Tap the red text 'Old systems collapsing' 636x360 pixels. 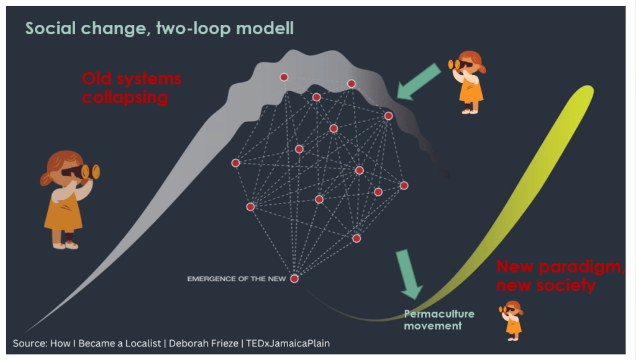click(132, 88)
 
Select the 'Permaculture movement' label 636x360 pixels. click(439, 320)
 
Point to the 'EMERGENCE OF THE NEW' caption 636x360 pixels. click(237, 279)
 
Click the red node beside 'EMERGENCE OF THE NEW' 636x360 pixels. click(294, 279)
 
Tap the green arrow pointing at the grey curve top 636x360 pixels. click(417, 82)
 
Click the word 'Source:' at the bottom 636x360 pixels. click(30, 343)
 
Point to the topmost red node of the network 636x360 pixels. click(284, 77)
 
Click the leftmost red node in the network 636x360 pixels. click(235, 163)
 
